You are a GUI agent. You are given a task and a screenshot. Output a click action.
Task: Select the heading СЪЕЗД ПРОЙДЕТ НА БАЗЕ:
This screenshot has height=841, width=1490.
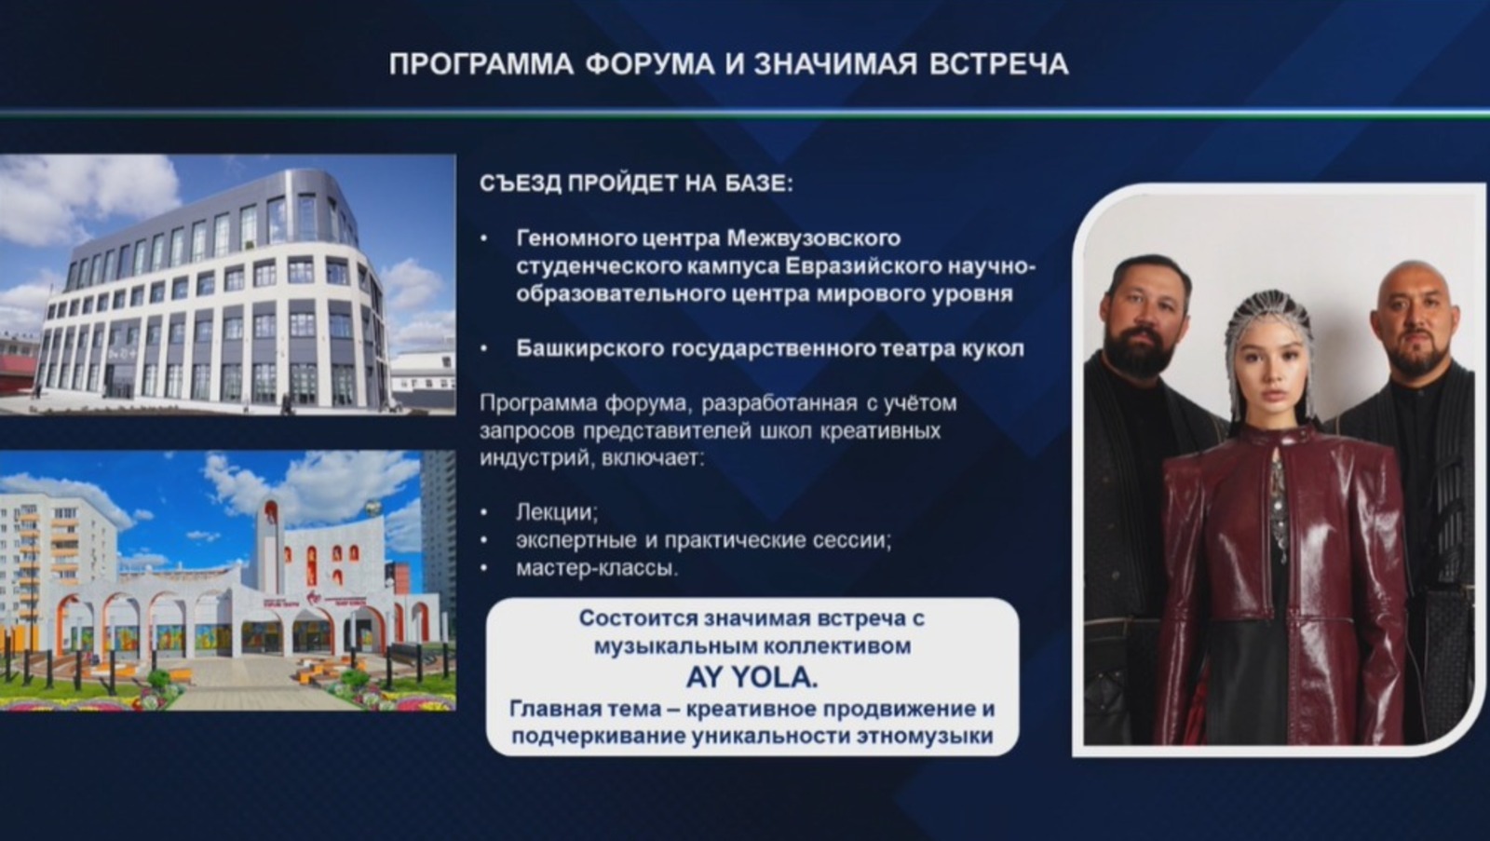pos(636,183)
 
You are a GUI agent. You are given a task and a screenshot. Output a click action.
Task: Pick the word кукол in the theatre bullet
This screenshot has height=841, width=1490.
pos(992,348)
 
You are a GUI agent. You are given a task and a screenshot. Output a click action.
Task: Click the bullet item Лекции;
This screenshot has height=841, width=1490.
pos(557,511)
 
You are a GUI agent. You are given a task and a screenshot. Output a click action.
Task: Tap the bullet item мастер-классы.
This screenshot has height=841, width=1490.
pos(597,567)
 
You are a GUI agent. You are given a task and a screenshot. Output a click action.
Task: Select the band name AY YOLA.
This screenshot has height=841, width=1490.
pos(752,677)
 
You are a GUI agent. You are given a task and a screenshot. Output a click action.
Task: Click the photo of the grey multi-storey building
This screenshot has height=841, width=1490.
pos(227,284)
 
